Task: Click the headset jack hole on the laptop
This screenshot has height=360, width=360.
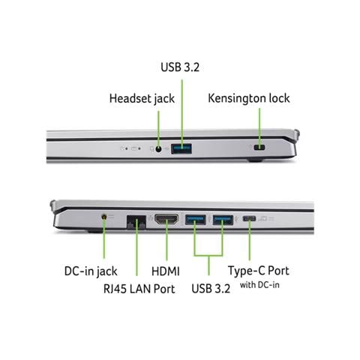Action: (158, 149)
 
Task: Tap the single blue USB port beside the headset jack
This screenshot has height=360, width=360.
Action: (181, 148)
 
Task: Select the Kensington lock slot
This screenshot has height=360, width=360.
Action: (259, 147)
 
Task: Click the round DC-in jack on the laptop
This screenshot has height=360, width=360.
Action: (104, 217)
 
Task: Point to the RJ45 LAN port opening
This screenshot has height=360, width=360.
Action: (136, 221)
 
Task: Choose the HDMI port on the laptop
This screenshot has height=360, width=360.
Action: (166, 219)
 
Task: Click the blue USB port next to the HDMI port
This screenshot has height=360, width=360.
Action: (196, 220)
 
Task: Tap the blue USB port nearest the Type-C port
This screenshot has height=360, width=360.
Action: (223, 220)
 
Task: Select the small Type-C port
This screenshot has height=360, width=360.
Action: (249, 219)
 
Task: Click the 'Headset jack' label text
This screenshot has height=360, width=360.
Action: (142, 98)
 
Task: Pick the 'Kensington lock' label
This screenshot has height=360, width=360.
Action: (249, 98)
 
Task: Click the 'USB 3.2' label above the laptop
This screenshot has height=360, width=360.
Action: (180, 67)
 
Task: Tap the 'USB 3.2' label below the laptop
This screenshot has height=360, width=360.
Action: (211, 289)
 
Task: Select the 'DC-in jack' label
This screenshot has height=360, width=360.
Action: (91, 271)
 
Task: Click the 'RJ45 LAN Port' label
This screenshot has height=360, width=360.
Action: (139, 289)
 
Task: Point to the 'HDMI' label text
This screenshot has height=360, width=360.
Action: (166, 271)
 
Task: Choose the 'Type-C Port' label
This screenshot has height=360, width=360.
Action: (259, 271)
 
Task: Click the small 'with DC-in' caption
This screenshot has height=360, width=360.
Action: (259, 285)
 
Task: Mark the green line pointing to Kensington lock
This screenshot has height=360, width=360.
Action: (259, 127)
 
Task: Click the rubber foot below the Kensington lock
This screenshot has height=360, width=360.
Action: (256, 160)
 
